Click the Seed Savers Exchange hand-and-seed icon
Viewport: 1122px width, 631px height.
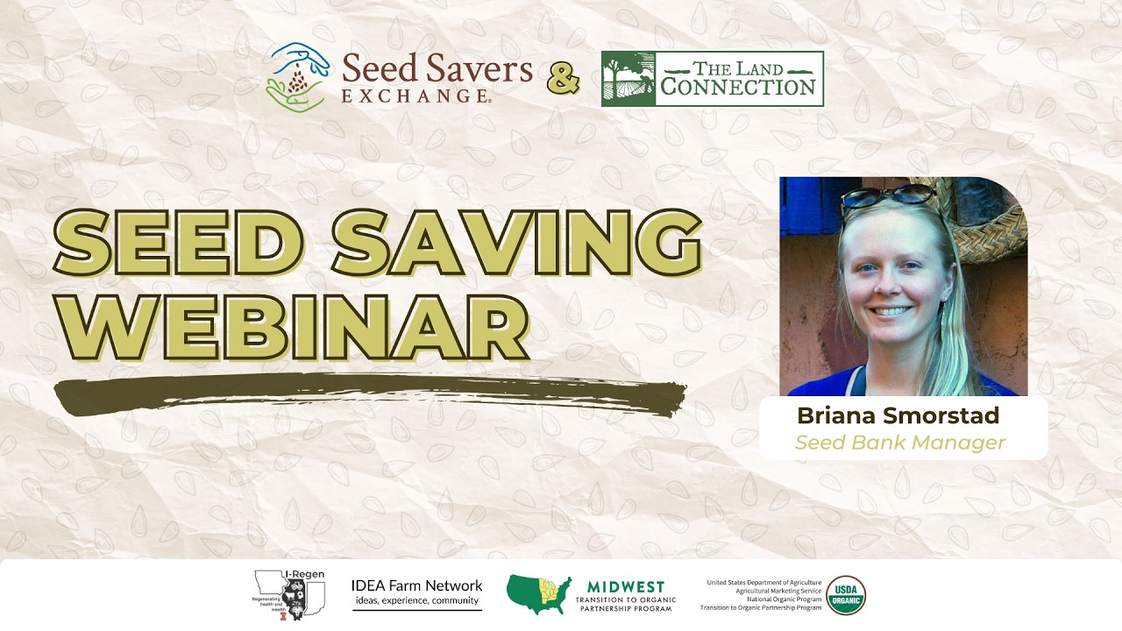299,78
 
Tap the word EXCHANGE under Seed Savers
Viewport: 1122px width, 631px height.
415,96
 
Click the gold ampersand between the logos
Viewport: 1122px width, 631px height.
564,79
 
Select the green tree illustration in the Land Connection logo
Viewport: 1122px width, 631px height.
628,79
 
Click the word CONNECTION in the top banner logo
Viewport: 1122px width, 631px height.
738,88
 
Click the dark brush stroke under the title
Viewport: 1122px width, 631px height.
368,395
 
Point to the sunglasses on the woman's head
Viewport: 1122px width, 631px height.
887,195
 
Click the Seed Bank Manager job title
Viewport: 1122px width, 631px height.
899,443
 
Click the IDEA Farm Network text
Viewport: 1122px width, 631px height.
416,585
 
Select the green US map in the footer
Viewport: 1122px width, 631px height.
538,594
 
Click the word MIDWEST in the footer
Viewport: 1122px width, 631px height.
625,586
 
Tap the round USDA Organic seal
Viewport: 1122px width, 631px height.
845,595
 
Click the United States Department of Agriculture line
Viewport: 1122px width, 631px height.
763,583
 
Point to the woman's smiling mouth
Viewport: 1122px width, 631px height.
892,310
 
